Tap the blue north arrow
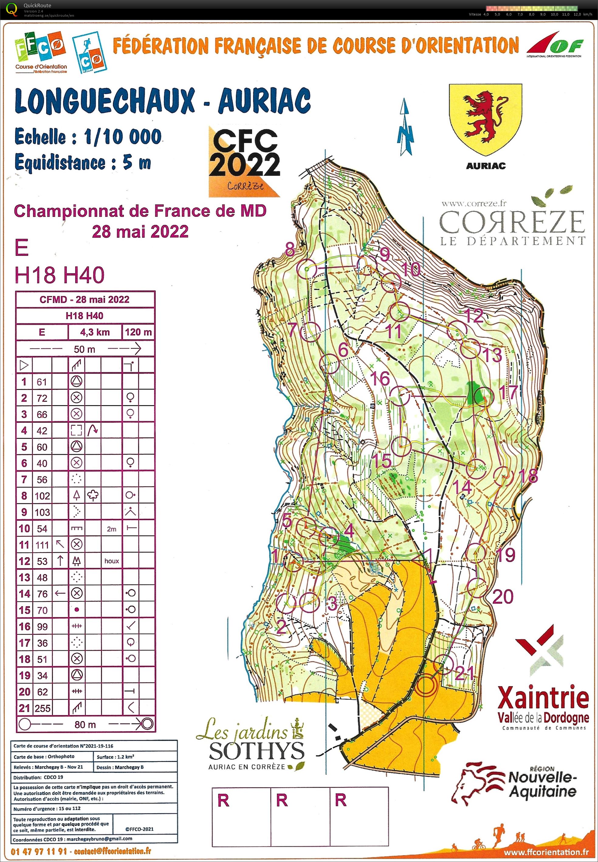pos(405,127)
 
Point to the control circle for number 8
pos(307,269)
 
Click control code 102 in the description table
pos(42,496)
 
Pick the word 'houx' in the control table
pos(112,561)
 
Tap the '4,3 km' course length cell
pos(95,332)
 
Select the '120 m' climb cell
pos(138,332)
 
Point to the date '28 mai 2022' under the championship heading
pos(140,232)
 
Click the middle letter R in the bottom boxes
pos(282,800)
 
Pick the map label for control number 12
pos(474,315)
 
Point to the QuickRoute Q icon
pos(12,9)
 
